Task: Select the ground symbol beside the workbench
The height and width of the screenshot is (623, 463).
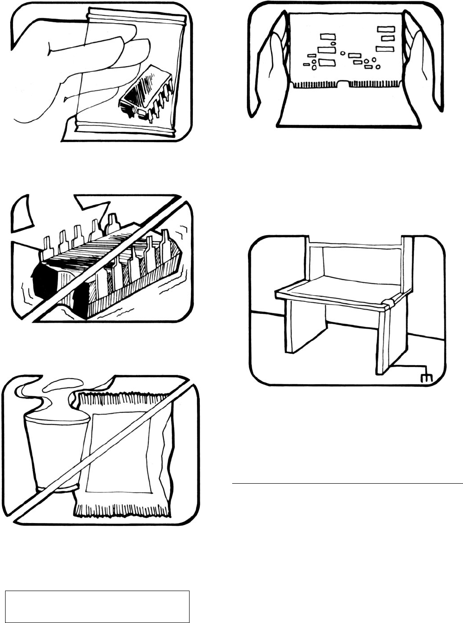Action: tap(425, 377)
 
